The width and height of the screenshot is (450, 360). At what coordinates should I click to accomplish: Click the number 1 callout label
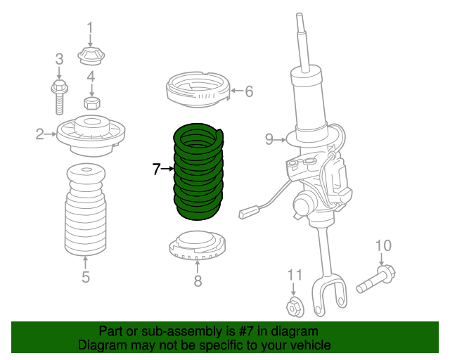pos(90,28)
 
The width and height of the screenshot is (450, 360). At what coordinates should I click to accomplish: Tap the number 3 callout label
pos(59,58)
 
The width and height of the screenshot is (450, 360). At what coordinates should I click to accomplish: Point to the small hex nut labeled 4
pos(91,103)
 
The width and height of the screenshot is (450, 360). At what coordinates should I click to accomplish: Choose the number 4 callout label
pos(91,77)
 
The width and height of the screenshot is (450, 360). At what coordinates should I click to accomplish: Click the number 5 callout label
pos(85,276)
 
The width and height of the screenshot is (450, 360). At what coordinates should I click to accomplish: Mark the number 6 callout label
pos(249,91)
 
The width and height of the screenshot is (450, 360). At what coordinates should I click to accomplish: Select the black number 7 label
pos(156,169)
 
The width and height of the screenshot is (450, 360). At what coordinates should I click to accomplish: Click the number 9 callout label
pos(269,139)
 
